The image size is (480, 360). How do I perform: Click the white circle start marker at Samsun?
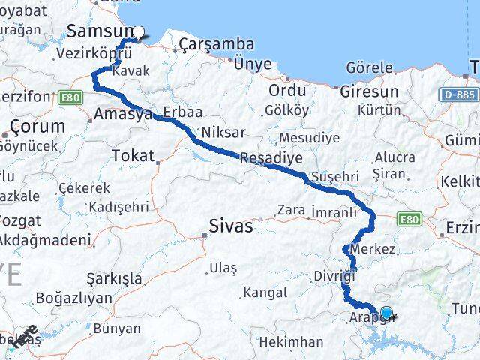(138, 32)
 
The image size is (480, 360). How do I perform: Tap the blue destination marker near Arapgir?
(386, 313)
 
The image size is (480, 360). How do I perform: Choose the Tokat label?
(132, 156)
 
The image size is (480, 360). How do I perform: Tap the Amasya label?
(118, 115)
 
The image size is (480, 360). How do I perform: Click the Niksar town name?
(224, 132)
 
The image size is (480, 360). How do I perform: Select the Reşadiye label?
(271, 158)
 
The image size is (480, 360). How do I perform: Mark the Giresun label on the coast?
(369, 91)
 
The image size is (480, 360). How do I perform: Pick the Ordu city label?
(289, 91)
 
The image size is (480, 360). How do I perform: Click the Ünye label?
(253, 64)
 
